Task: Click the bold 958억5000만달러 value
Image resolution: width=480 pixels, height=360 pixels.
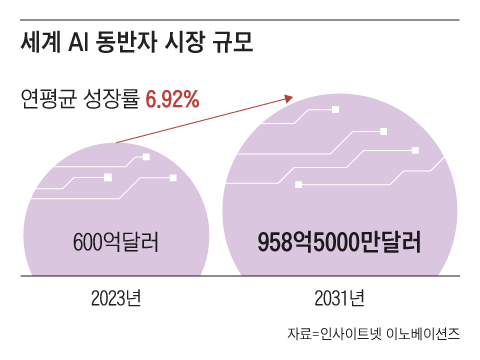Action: [338, 242]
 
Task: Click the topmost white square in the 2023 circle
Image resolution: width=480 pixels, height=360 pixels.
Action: [147, 157]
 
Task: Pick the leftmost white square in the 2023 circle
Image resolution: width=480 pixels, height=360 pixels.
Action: [108, 177]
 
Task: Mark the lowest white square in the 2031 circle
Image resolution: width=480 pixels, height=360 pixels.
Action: [297, 184]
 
